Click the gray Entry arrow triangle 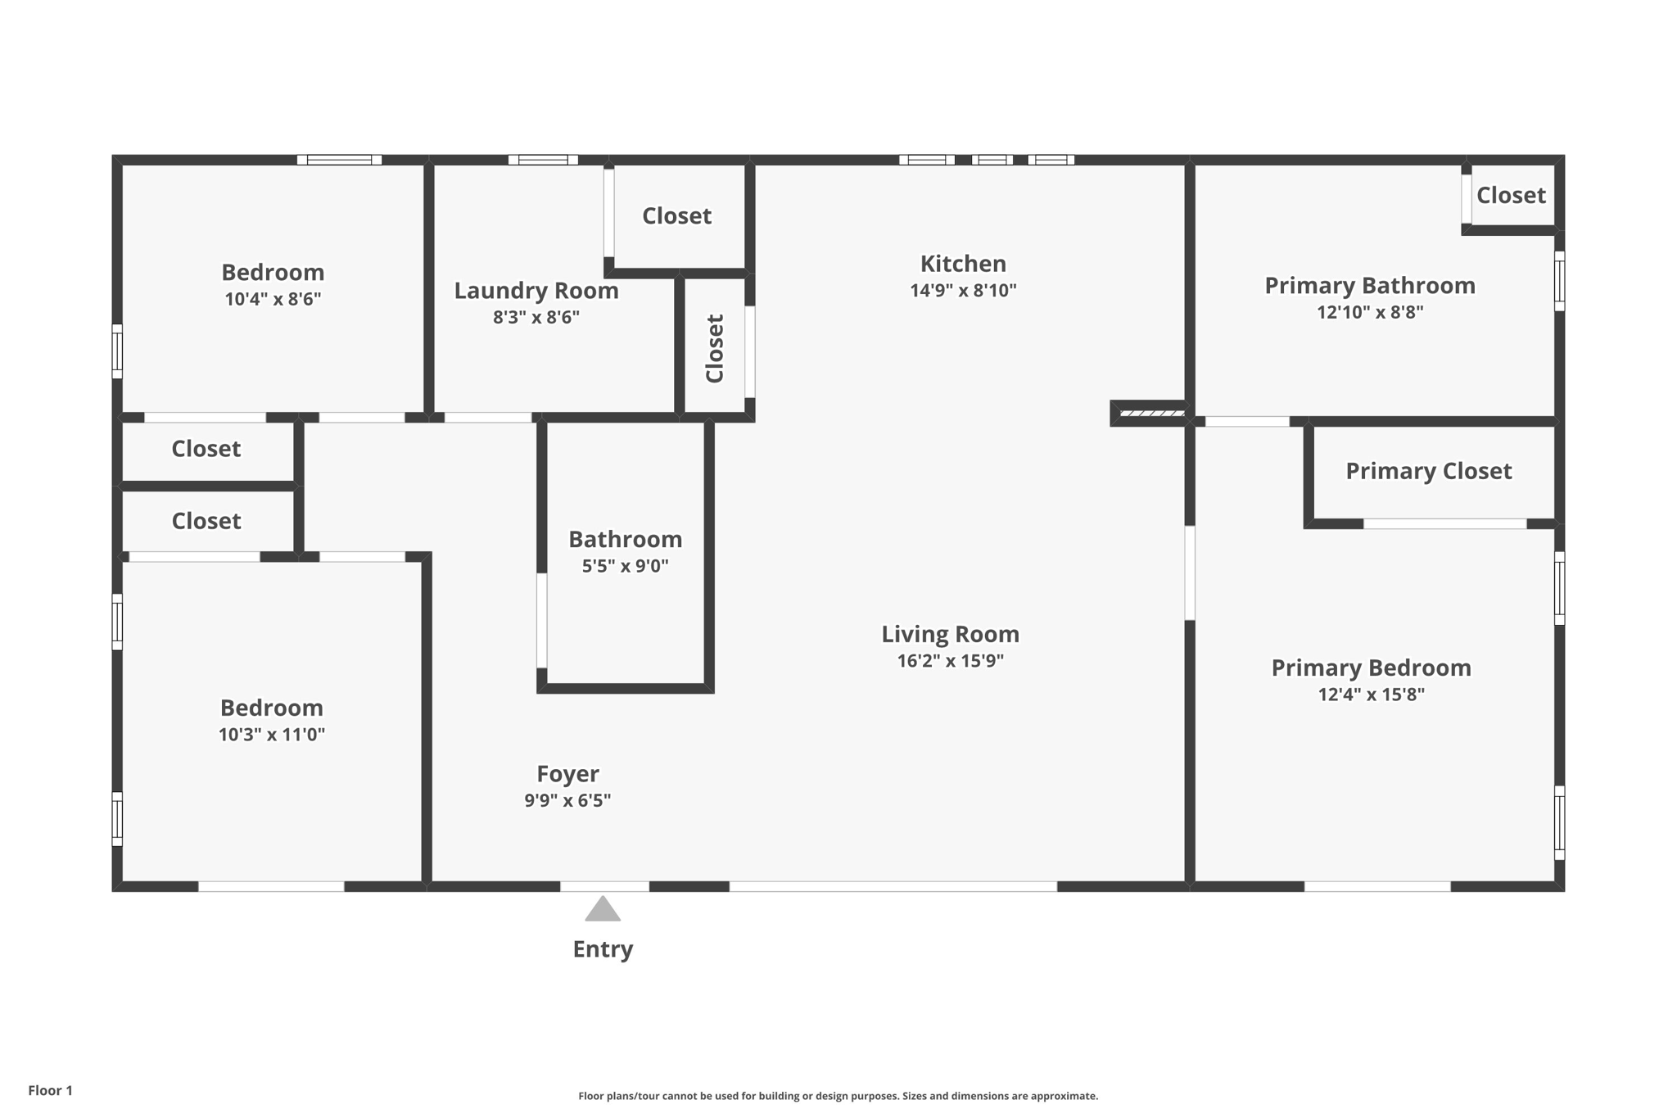[x=603, y=910]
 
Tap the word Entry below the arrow [x=603, y=949]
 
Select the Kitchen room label [x=963, y=264]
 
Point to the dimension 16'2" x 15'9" [x=950, y=661]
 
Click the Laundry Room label [x=536, y=291]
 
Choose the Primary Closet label [x=1428, y=471]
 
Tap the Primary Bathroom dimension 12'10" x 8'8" [x=1370, y=312]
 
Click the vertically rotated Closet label [x=715, y=348]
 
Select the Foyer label [x=567, y=774]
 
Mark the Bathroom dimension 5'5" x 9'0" [x=625, y=566]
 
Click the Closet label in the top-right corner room [x=1511, y=195]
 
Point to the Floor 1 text [x=50, y=1090]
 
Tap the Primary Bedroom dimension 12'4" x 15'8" [x=1371, y=695]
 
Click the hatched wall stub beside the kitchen [x=1151, y=414]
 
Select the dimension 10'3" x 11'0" [x=271, y=735]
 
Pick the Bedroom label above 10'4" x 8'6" [x=273, y=272]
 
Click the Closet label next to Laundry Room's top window [x=676, y=215]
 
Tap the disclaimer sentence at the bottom [x=838, y=1096]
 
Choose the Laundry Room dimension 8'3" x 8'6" [x=536, y=317]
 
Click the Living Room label [x=950, y=634]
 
